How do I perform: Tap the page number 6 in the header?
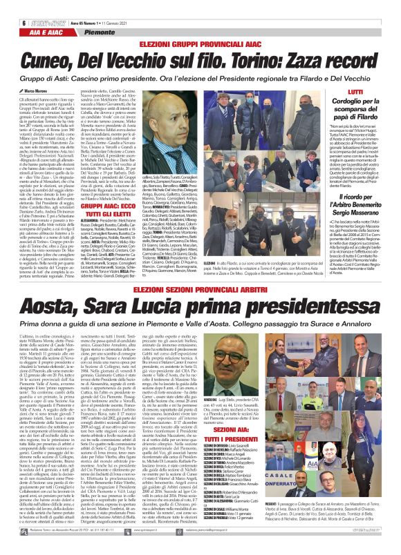[x=13, y=5]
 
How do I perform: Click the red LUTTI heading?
[x=355, y=91]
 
